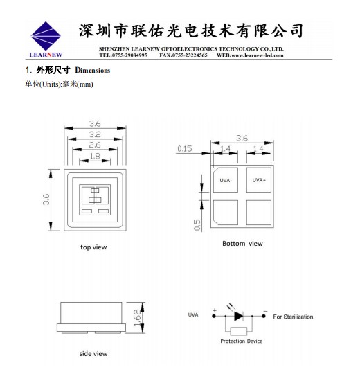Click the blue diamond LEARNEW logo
click(x=46, y=36)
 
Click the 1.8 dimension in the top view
click(x=95, y=156)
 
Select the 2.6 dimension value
click(x=95, y=145)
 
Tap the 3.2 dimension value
click(x=95, y=134)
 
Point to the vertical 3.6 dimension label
click(x=46, y=199)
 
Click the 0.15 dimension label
click(x=185, y=148)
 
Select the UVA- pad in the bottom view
click(x=226, y=180)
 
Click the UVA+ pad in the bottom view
click(x=259, y=180)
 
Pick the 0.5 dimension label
click(x=197, y=224)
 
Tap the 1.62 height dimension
click(x=137, y=317)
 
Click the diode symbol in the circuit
click(x=238, y=316)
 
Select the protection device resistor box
click(x=239, y=332)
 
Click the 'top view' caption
click(x=93, y=247)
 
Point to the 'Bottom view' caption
click(x=242, y=244)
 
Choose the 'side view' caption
click(x=93, y=353)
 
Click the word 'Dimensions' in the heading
click(x=93, y=71)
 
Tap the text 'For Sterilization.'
click(x=294, y=317)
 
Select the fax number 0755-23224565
click(x=190, y=55)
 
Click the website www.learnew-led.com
click(x=257, y=55)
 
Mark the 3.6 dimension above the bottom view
click(x=242, y=138)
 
